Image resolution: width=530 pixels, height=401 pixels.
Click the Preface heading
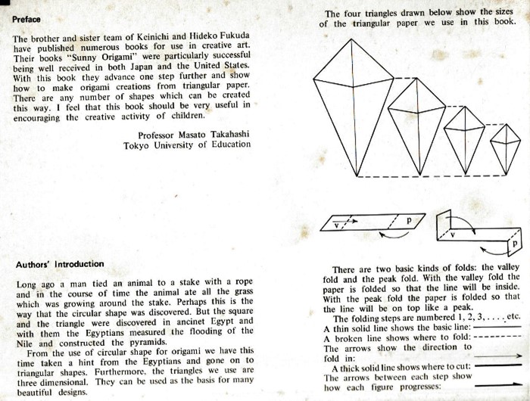click(26, 19)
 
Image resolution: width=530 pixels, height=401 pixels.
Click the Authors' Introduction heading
click(60, 264)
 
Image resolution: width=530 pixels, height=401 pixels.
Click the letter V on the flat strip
click(339, 225)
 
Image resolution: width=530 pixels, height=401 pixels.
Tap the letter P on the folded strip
click(514, 245)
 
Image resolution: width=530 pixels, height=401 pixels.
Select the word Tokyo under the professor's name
click(139, 145)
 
